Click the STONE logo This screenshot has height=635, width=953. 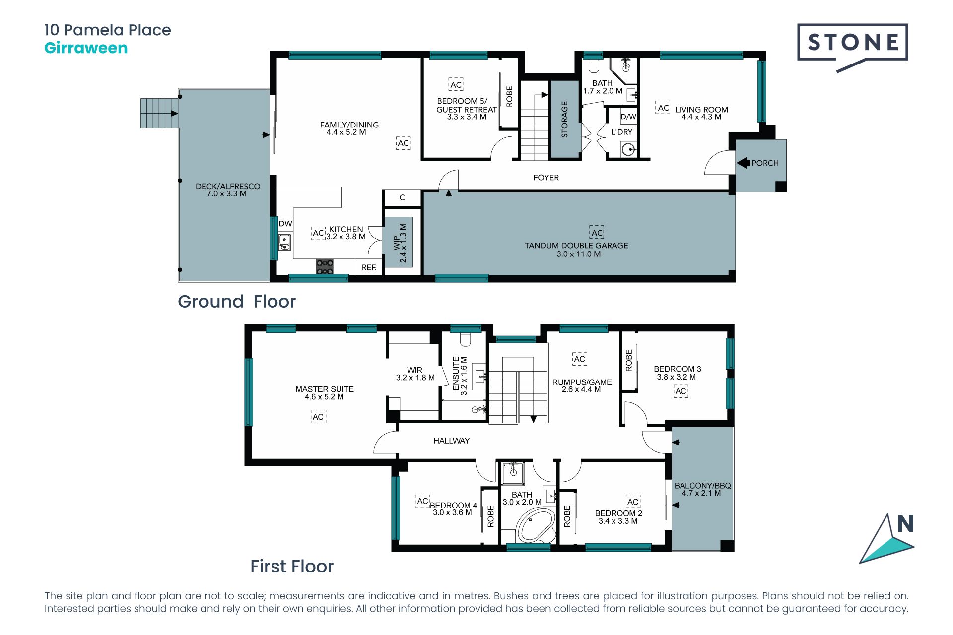pyautogui.click(x=852, y=46)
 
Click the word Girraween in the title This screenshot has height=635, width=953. pyautogui.click(x=86, y=48)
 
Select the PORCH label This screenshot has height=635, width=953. pyautogui.click(x=765, y=163)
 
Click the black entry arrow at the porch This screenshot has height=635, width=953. pyautogui.click(x=743, y=163)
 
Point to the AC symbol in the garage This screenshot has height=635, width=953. pyautogui.click(x=597, y=233)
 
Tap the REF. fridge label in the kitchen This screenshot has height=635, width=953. pyautogui.click(x=369, y=267)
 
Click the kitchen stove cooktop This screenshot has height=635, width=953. pyautogui.click(x=325, y=266)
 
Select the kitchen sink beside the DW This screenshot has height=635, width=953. pyautogui.click(x=284, y=242)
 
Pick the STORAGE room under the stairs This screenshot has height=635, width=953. pyautogui.click(x=564, y=120)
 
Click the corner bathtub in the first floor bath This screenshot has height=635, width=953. pyautogui.click(x=536, y=526)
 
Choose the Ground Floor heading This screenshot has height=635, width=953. pyautogui.click(x=237, y=302)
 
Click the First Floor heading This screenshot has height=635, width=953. pyautogui.click(x=292, y=567)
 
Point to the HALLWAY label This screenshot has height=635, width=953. pyautogui.click(x=451, y=441)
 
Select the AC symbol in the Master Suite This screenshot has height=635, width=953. pyautogui.click(x=318, y=417)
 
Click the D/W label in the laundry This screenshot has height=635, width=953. pyautogui.click(x=628, y=117)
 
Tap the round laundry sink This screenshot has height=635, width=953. pyautogui.click(x=629, y=149)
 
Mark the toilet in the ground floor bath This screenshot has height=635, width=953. pyautogui.click(x=594, y=66)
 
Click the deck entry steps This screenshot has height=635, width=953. pyautogui.click(x=159, y=113)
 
